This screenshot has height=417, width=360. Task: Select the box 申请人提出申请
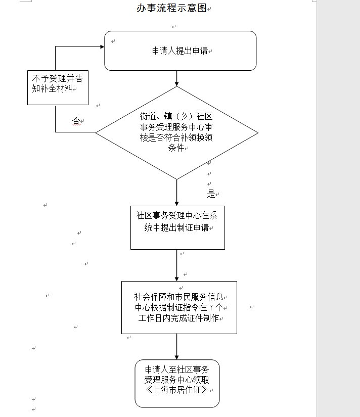click(x=180, y=51)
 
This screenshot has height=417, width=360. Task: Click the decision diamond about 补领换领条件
click(x=176, y=132)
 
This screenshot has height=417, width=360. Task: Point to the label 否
click(x=76, y=120)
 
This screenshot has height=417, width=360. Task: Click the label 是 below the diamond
click(x=211, y=194)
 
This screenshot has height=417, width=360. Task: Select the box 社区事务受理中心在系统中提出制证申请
click(x=177, y=227)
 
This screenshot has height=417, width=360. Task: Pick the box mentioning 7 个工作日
click(x=179, y=307)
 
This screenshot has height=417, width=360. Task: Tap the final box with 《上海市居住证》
click(x=177, y=383)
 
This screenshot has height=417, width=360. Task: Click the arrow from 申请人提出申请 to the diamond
click(x=177, y=78)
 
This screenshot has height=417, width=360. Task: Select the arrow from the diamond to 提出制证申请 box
click(x=177, y=192)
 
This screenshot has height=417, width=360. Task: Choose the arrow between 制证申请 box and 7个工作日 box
click(x=177, y=265)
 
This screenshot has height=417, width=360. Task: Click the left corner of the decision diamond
click(x=97, y=132)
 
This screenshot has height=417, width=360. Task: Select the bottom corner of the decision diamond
click(x=176, y=178)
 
